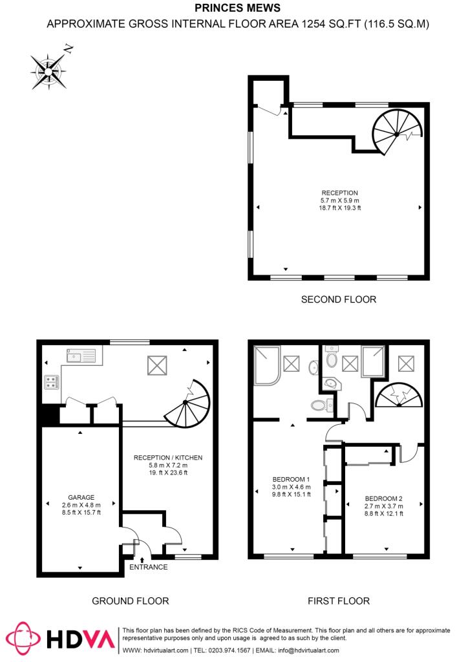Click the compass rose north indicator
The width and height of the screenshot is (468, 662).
[x=67, y=48]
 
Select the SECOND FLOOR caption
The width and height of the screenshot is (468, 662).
[x=338, y=299]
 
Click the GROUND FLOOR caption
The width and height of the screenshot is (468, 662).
[x=130, y=601]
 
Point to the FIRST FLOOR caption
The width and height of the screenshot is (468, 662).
[x=338, y=601]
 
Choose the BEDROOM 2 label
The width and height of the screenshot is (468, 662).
[x=384, y=498]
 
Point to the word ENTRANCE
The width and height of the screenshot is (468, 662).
[x=148, y=567]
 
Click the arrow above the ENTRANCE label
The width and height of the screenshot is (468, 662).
[x=142, y=558]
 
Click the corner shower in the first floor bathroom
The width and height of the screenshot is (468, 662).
[x=266, y=367]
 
